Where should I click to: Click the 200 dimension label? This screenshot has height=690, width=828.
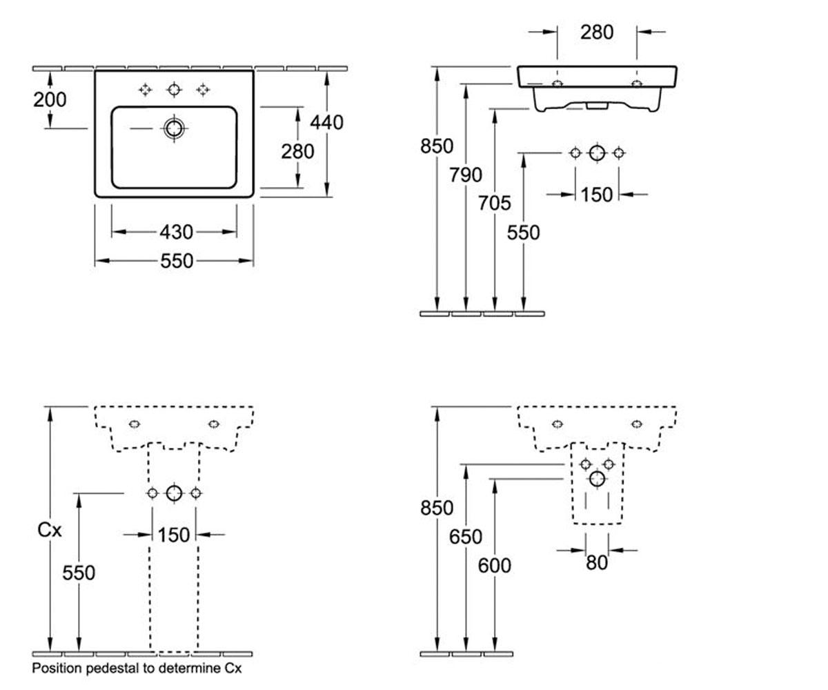click(50, 99)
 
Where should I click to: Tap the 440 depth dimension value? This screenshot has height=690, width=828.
click(326, 123)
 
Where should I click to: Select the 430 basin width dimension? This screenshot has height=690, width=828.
click(176, 232)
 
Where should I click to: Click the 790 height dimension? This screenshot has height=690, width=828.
click(466, 175)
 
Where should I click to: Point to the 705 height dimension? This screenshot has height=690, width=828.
click(495, 204)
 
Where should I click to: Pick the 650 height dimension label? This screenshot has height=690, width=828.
click(466, 537)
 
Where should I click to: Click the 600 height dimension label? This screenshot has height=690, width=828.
click(495, 566)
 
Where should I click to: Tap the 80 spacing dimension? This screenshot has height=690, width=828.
click(597, 563)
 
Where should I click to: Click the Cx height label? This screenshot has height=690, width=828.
click(50, 530)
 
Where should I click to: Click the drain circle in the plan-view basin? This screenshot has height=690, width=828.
click(174, 128)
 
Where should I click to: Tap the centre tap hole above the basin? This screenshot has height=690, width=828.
click(174, 90)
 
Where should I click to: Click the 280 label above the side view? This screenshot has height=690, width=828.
click(597, 32)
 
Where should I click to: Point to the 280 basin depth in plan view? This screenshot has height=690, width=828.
click(297, 152)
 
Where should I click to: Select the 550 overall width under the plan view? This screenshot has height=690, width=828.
click(177, 261)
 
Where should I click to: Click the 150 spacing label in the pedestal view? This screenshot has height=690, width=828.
click(174, 535)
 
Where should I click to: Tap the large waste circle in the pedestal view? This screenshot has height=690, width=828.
click(174, 493)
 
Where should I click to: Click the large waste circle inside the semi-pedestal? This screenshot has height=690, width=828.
click(598, 479)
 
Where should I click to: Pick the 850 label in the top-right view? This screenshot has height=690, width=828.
click(437, 146)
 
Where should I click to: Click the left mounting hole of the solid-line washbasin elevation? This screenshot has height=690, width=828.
click(557, 83)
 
